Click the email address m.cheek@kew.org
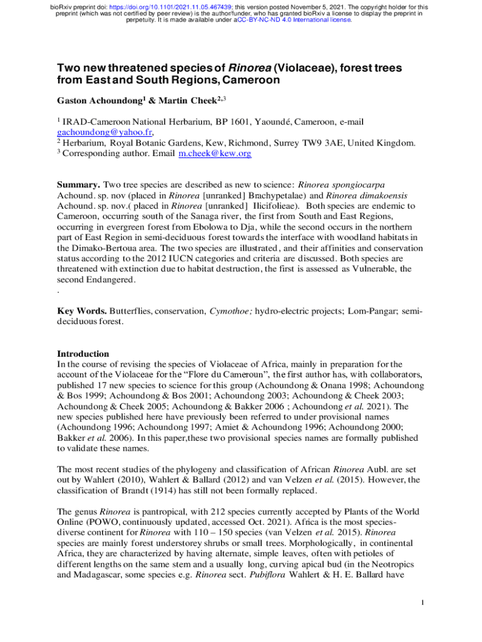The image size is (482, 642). click(215, 154)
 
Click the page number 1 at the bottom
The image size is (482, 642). click(423, 603)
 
